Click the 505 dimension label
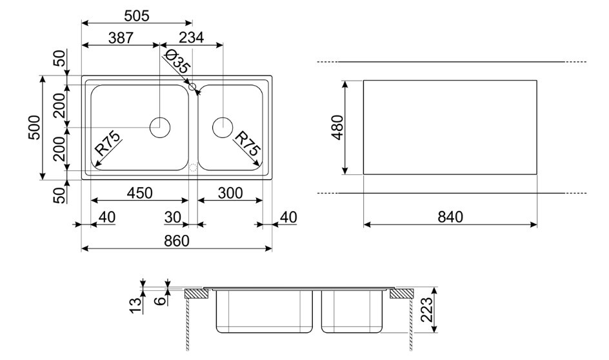(137, 16)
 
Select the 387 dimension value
(121, 37)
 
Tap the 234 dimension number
(191, 37)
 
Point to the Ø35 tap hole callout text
(177, 62)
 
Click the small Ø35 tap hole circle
(192, 86)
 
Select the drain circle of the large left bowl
(160, 127)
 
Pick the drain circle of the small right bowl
(223, 127)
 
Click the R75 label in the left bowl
(108, 143)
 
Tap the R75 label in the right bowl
(248, 143)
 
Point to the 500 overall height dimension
(35, 127)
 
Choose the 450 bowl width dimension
(140, 193)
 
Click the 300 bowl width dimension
(230, 193)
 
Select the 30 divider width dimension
(173, 217)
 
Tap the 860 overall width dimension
(177, 241)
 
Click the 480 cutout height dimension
(337, 127)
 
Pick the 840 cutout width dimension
(450, 217)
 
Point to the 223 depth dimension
(426, 310)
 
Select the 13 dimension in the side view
(136, 305)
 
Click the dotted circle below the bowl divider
(193, 168)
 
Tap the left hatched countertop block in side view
(197, 294)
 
